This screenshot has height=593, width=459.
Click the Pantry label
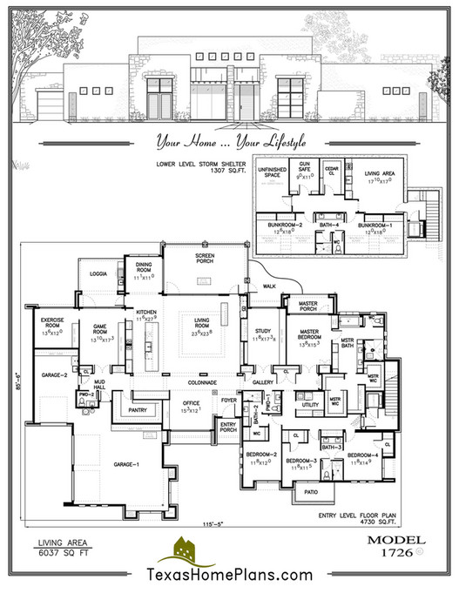point(136,408)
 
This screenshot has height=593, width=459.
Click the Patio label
point(310,491)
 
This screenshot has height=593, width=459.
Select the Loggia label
point(98,273)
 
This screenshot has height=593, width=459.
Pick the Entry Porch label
point(229,427)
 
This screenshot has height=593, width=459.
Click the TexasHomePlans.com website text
point(229,576)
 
